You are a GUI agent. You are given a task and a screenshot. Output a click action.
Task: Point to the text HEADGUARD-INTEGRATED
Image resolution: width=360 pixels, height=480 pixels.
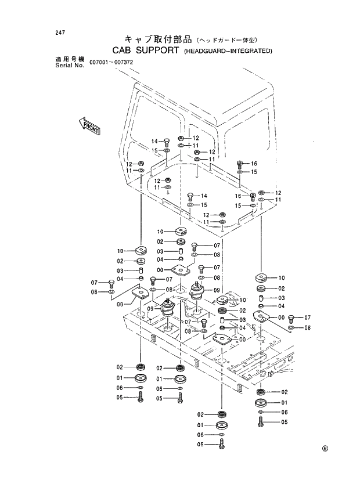pyautogui.click(x=228, y=52)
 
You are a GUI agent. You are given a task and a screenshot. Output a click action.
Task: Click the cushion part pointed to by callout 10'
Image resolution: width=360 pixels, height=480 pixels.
pyautogui.click(x=222, y=300)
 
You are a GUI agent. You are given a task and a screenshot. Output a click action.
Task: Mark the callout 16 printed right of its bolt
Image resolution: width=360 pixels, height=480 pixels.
pyautogui.click(x=253, y=164)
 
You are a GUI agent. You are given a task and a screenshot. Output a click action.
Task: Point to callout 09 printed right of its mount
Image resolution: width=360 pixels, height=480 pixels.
pyautogui.click(x=217, y=290)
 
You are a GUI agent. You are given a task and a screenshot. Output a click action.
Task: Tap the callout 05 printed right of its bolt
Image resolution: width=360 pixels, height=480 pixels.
pyautogui.click(x=284, y=422)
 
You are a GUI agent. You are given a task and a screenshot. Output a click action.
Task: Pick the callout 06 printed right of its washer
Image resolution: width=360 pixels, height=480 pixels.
pyautogui.click(x=284, y=412)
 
